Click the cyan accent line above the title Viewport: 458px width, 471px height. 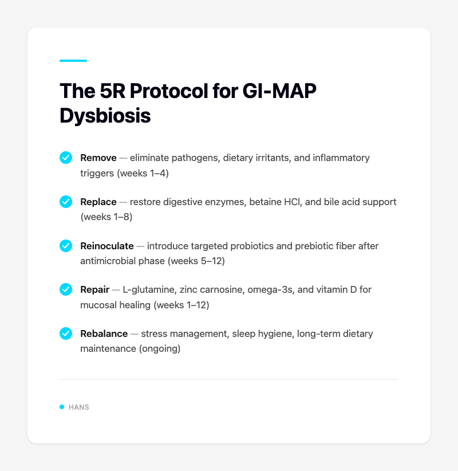[x=73, y=61]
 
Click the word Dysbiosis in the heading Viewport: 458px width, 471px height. [x=105, y=115]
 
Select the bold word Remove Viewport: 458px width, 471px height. [x=98, y=158]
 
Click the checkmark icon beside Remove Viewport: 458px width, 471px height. [x=66, y=157]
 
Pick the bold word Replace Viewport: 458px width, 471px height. [x=98, y=202]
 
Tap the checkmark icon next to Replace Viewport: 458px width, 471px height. [x=66, y=201]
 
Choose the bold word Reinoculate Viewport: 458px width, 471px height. [x=107, y=246]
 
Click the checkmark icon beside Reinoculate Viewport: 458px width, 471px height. [x=66, y=245]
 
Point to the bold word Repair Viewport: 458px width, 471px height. [x=95, y=290]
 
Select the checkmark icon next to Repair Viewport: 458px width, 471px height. [x=66, y=289]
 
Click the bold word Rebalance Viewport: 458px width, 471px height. [x=104, y=334]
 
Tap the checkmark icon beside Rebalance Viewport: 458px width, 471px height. [x=66, y=333]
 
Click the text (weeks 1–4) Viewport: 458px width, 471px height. [x=143, y=172]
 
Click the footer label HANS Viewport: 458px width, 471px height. [x=79, y=407]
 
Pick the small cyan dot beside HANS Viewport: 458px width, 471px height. [x=62, y=407]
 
